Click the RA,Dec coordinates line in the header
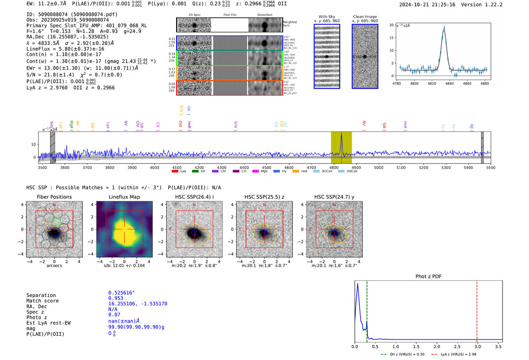click(x=67, y=37)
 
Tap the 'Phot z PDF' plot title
click(x=428, y=277)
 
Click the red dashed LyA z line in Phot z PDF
click(x=477, y=310)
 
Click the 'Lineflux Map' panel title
click(x=124, y=197)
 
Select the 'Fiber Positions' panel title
click(x=54, y=197)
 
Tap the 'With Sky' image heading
click(x=327, y=17)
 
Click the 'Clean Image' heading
click(x=365, y=17)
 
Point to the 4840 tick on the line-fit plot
click(x=449, y=83)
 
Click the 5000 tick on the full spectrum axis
click(x=379, y=168)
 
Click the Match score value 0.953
click(x=116, y=298)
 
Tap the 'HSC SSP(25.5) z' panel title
click(x=264, y=197)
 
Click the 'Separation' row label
click(x=41, y=295)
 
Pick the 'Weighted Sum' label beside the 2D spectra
click(x=289, y=24)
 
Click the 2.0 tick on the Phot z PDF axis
click(x=436, y=346)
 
